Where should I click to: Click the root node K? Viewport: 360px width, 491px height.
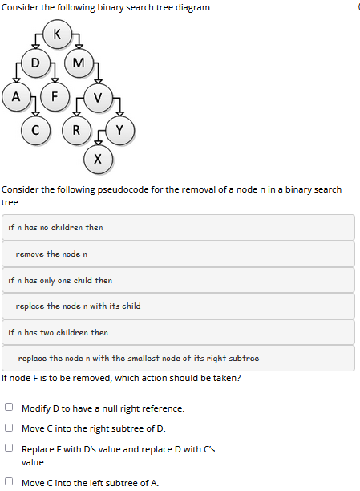[56, 34]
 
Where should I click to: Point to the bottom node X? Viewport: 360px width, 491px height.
[97, 158]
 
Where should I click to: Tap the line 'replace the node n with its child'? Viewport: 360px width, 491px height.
[79, 306]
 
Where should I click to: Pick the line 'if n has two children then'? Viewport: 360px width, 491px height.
[59, 332]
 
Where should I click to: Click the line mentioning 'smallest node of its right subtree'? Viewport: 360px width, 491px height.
[139, 359]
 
